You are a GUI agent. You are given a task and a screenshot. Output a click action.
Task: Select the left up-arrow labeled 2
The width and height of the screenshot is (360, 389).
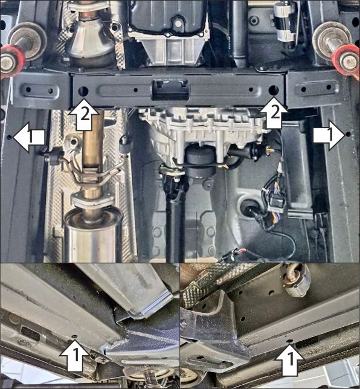(83, 116)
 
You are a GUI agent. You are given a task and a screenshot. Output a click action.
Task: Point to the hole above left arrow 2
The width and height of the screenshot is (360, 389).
(83, 91)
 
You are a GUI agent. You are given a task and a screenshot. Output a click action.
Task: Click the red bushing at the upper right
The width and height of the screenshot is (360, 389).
(347, 59)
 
